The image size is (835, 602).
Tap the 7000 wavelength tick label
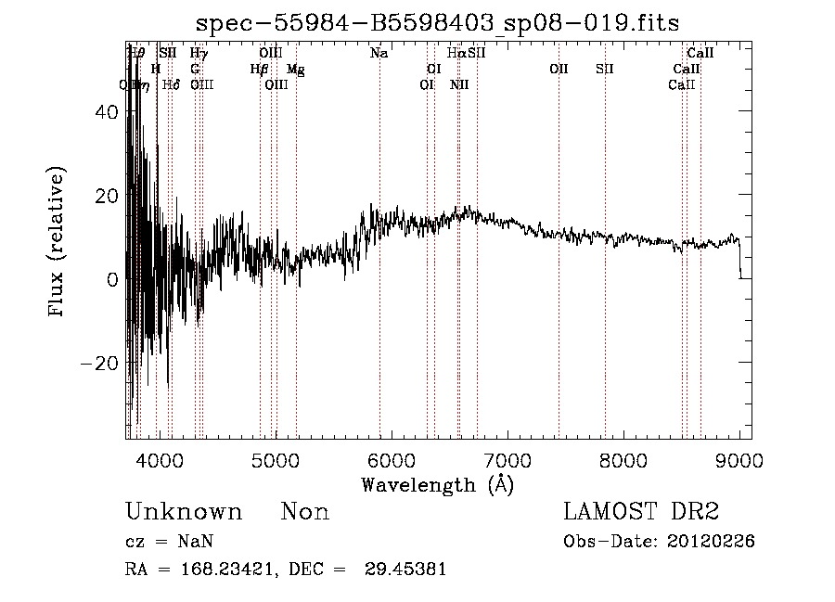[x=507, y=459]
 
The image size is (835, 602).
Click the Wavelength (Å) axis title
[x=437, y=484]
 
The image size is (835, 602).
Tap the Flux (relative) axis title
[x=58, y=243]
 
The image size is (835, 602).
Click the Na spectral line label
[x=379, y=54]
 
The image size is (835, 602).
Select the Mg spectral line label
[x=295, y=70]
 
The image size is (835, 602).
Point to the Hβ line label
[x=259, y=70]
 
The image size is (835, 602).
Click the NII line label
[x=459, y=85]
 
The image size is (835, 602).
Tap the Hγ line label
[x=199, y=54]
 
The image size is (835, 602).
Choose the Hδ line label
[x=171, y=85]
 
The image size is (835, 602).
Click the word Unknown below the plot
[x=184, y=512]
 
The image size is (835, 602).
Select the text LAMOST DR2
[x=641, y=512]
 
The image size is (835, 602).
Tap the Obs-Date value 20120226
[x=711, y=542]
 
